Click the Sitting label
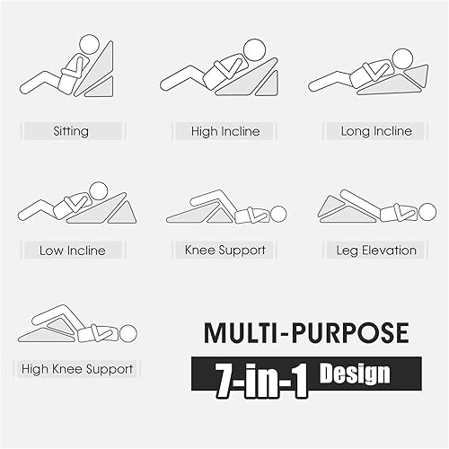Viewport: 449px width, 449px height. coord(71,131)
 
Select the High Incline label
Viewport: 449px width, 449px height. coord(225,131)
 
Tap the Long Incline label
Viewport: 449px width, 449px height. coord(376,131)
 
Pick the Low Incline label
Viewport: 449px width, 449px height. coord(72,251)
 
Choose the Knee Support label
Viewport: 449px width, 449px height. coord(224,251)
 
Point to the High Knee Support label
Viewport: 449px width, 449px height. coord(79,369)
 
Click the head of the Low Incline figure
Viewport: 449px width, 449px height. coord(99,190)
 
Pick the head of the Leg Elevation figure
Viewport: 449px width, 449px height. coord(428,212)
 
